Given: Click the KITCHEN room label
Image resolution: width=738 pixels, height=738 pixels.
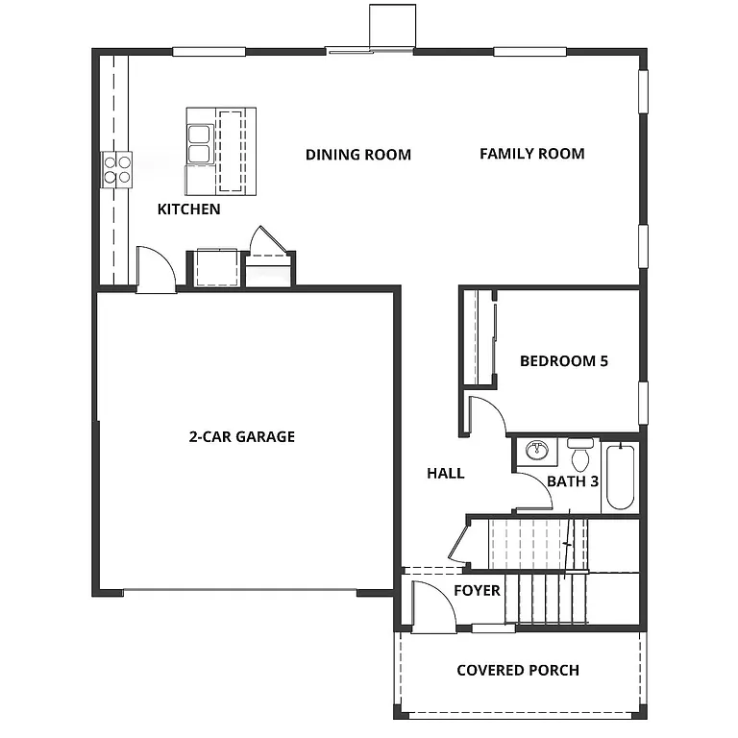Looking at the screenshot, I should pos(188,209).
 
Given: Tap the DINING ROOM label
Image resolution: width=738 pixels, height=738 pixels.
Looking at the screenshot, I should pos(357,154).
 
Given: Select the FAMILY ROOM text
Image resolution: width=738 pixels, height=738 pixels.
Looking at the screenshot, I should pos(531,153).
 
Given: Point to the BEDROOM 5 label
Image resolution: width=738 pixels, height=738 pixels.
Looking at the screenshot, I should pos(563,361).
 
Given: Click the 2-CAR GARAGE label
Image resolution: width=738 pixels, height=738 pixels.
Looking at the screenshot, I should pos(241,436).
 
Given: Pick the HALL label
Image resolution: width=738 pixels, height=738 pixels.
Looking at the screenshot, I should pos(445,473).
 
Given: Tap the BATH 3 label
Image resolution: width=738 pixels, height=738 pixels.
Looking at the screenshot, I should pos(573,480).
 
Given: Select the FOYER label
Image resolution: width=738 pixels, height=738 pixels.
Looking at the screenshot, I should pos(477,590).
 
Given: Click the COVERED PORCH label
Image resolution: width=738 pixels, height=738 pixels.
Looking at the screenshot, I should pos(517,670).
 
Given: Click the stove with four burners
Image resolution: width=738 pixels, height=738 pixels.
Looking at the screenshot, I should pos(117,169).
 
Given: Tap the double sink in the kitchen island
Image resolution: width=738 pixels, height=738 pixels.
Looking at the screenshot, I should pos(200,142).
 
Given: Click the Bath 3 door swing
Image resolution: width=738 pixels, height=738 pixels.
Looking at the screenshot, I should pos(531,493).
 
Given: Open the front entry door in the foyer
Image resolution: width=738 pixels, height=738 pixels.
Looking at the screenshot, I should pos(430,606).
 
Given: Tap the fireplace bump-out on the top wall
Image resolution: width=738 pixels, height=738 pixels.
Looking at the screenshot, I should pos(392,25).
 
